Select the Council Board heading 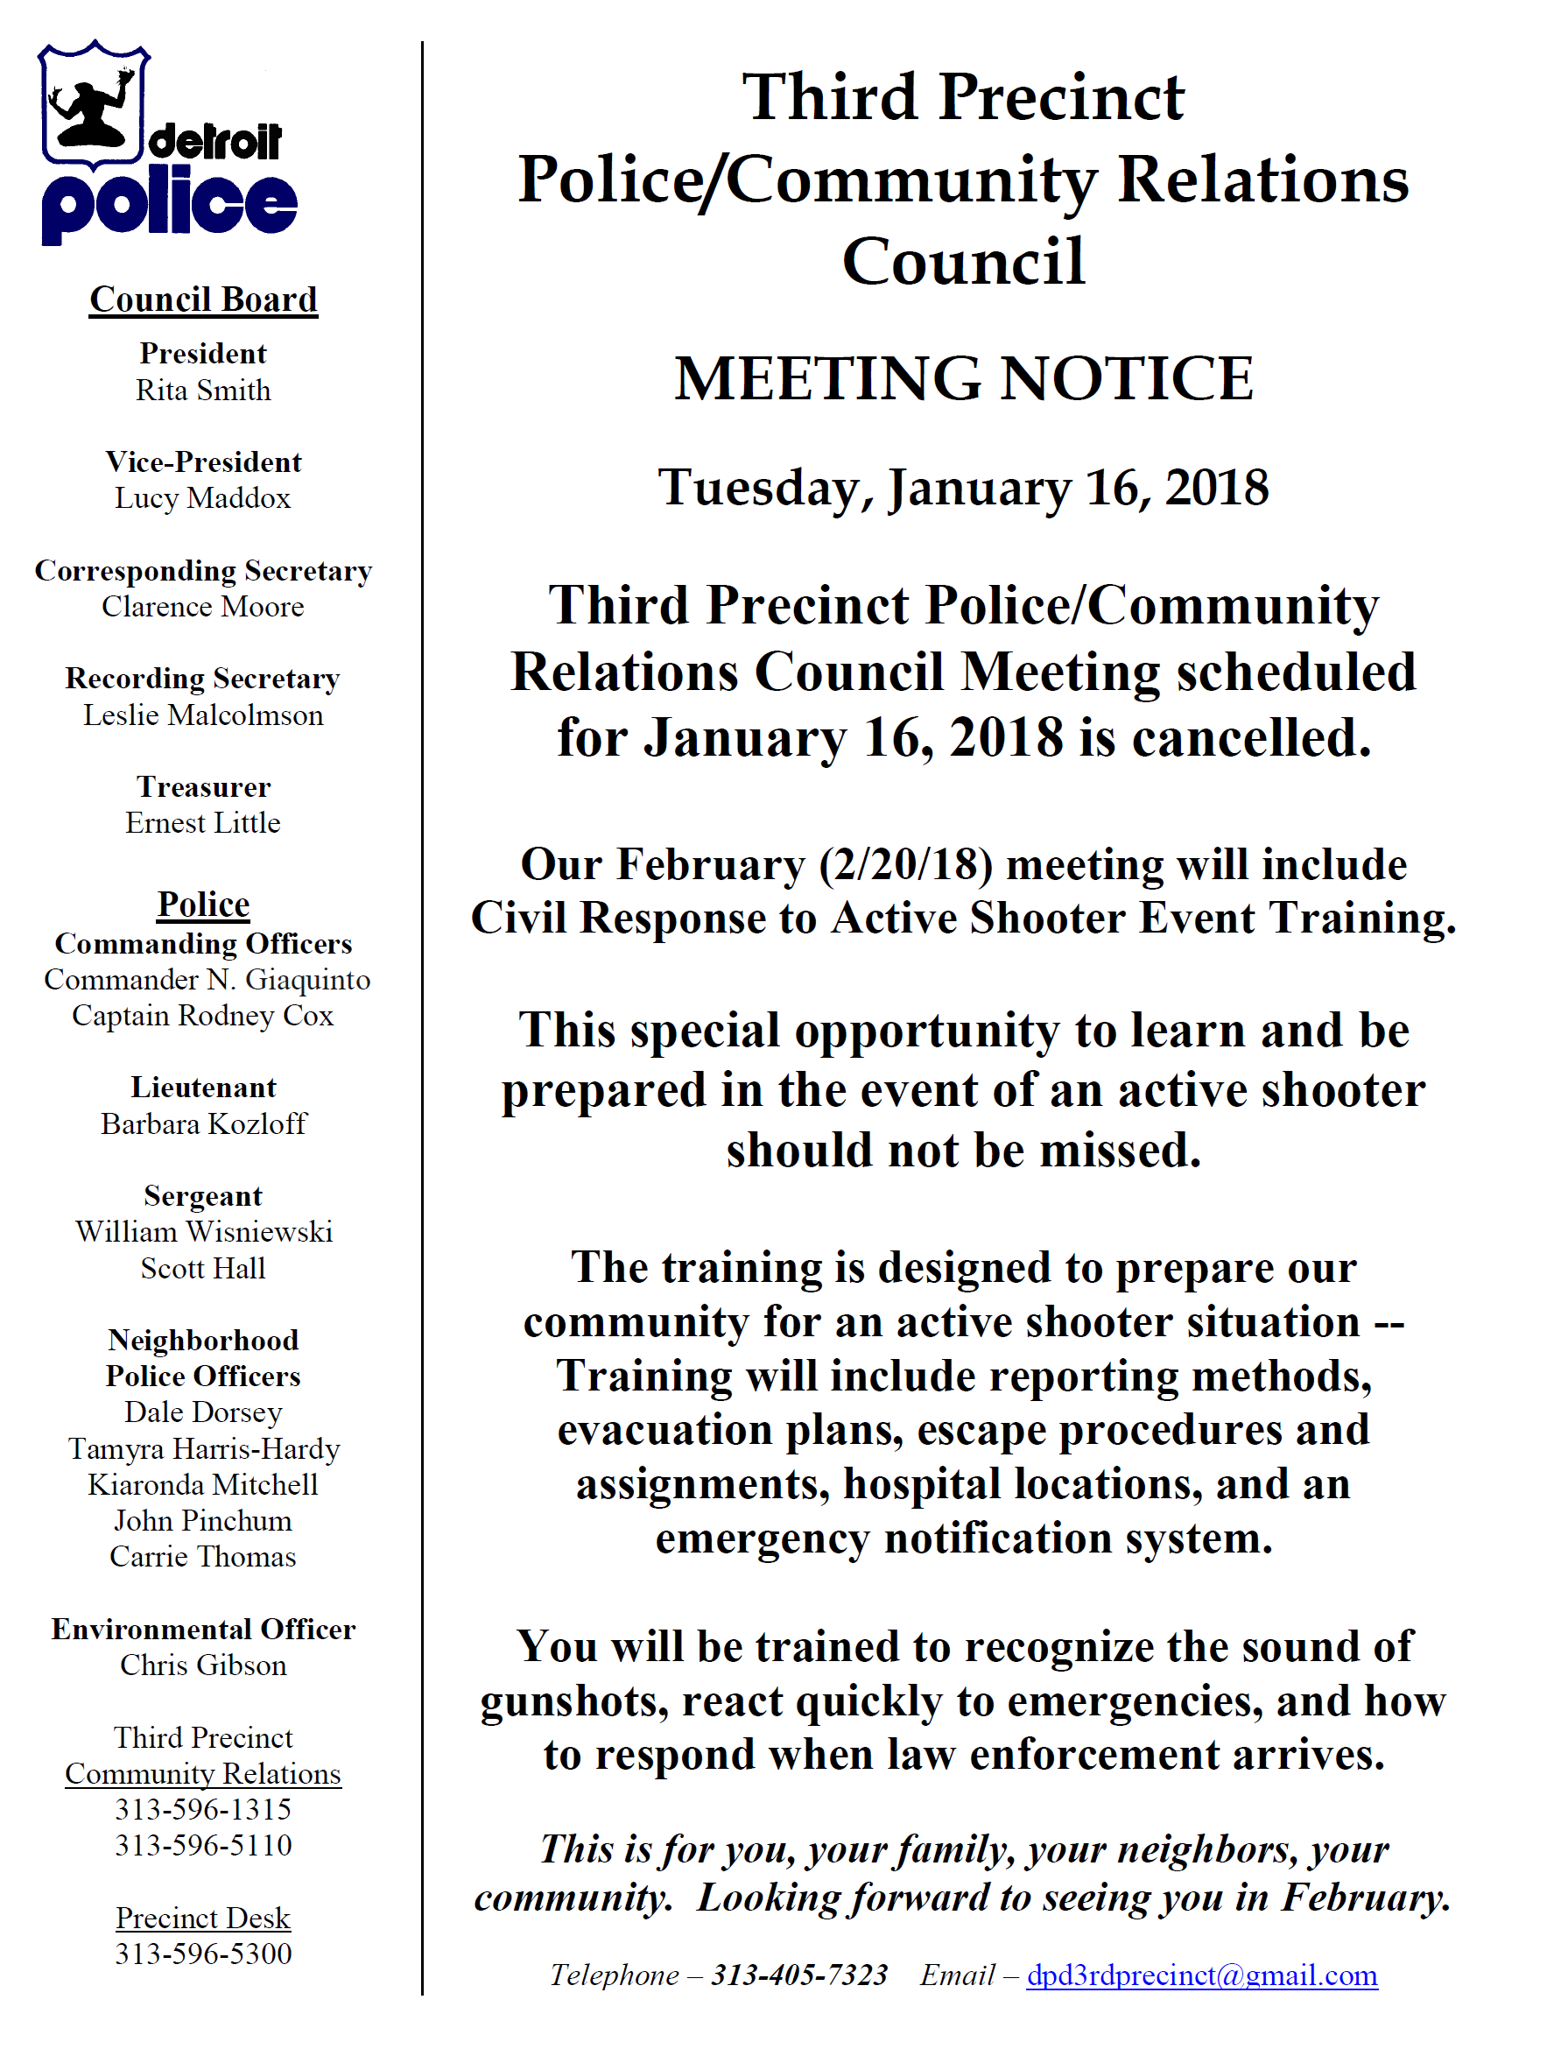pyautogui.click(x=203, y=299)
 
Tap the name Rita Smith pyautogui.click(x=203, y=391)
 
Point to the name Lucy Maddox pyautogui.click(x=202, y=498)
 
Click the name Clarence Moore pyautogui.click(x=202, y=607)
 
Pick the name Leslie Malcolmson pyautogui.click(x=203, y=715)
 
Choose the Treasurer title pyautogui.click(x=203, y=786)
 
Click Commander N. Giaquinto pyautogui.click(x=207, y=979)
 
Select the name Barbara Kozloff pyautogui.click(x=203, y=1123)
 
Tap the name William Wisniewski pyautogui.click(x=203, y=1232)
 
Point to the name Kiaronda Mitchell pyautogui.click(x=202, y=1484)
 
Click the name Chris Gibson pyautogui.click(x=203, y=1665)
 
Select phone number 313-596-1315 pyautogui.click(x=203, y=1809)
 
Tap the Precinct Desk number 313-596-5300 pyautogui.click(x=203, y=1954)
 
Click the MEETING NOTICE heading pyautogui.click(x=963, y=379)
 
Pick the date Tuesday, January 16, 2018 pyautogui.click(x=963, y=488)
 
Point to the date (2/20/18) pyautogui.click(x=905, y=864)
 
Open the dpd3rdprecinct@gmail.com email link pyautogui.click(x=1201, y=1975)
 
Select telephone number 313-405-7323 pyautogui.click(x=799, y=1975)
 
